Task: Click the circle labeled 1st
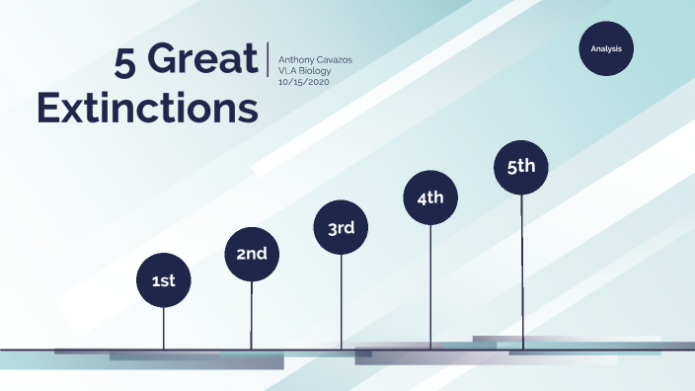pyautogui.click(x=163, y=281)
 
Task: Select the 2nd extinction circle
pyautogui.click(x=252, y=255)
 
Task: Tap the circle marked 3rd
pyautogui.click(x=341, y=228)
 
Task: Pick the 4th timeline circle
pyautogui.click(x=430, y=197)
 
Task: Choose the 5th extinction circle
pyautogui.click(x=521, y=166)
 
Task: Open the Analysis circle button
pyautogui.click(x=605, y=48)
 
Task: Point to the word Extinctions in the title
pyautogui.click(x=147, y=108)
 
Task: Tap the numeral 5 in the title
pyautogui.click(x=124, y=62)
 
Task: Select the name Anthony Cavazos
pyautogui.click(x=315, y=60)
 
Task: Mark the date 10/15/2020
pyautogui.click(x=303, y=82)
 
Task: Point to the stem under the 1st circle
pyautogui.click(x=163, y=329)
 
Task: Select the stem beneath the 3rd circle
pyautogui.click(x=341, y=302)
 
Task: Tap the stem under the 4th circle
pyautogui.click(x=430, y=286)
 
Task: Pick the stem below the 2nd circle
pyautogui.click(x=252, y=316)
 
